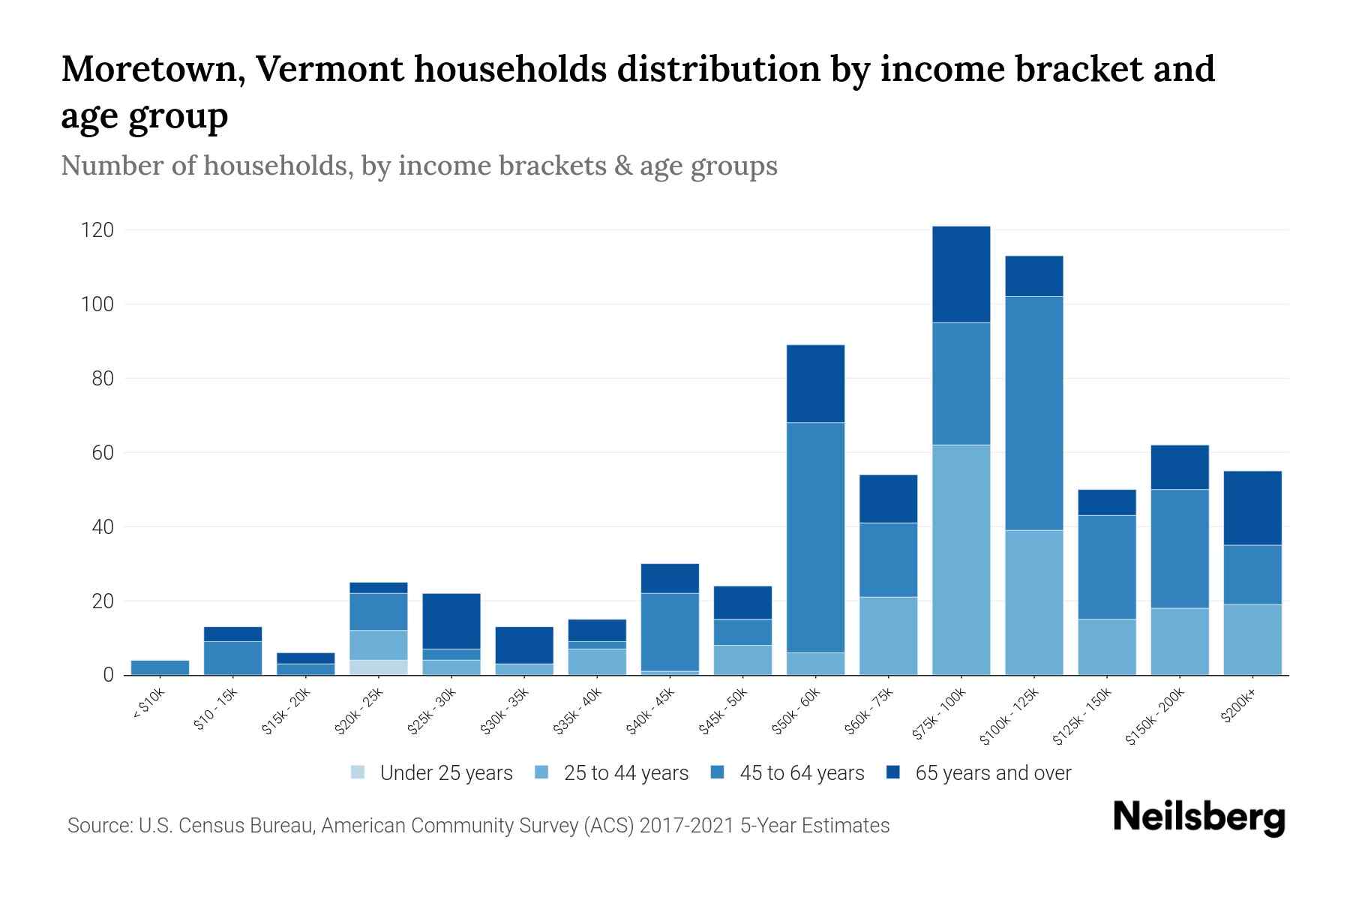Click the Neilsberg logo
click(1198, 817)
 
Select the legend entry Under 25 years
click(445, 773)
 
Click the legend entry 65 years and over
click(992, 773)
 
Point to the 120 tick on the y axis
click(97, 230)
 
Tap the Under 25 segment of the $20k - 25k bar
click(378, 667)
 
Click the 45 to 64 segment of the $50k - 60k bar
click(815, 537)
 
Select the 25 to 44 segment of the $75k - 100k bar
click(961, 559)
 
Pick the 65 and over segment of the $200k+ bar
click(1252, 508)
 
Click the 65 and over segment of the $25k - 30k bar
click(451, 621)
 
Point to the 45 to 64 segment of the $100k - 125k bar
click(1033, 413)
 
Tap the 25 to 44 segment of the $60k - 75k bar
click(888, 636)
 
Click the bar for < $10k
click(160, 667)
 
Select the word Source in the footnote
click(98, 826)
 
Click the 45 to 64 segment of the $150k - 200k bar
click(1179, 548)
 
